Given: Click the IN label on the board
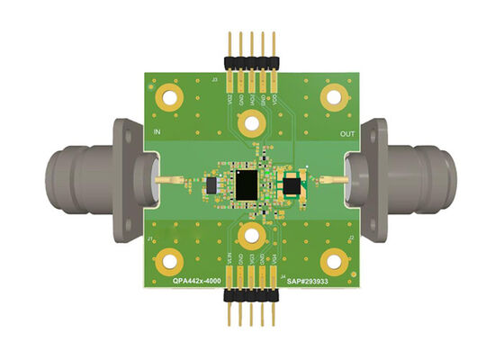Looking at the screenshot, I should (157, 133).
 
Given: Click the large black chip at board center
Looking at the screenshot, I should (245, 184).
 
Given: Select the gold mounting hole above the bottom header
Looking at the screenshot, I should (251, 238).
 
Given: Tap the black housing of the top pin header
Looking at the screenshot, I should (252, 62).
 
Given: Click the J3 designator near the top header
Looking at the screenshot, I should (214, 80).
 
